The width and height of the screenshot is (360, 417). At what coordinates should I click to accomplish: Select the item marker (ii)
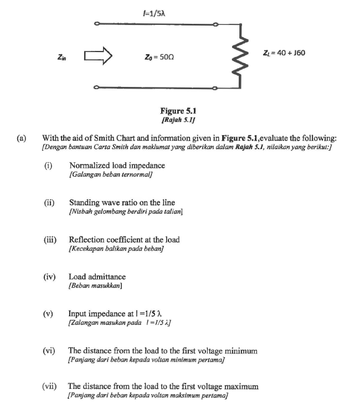click(x=49, y=203)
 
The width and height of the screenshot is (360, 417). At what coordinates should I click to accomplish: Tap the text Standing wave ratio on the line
click(x=123, y=203)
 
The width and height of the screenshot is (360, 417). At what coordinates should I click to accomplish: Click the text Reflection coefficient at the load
click(x=124, y=240)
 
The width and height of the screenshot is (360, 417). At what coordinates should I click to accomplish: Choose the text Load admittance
click(x=97, y=276)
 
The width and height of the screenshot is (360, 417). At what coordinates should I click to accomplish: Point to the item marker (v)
click(x=49, y=312)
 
